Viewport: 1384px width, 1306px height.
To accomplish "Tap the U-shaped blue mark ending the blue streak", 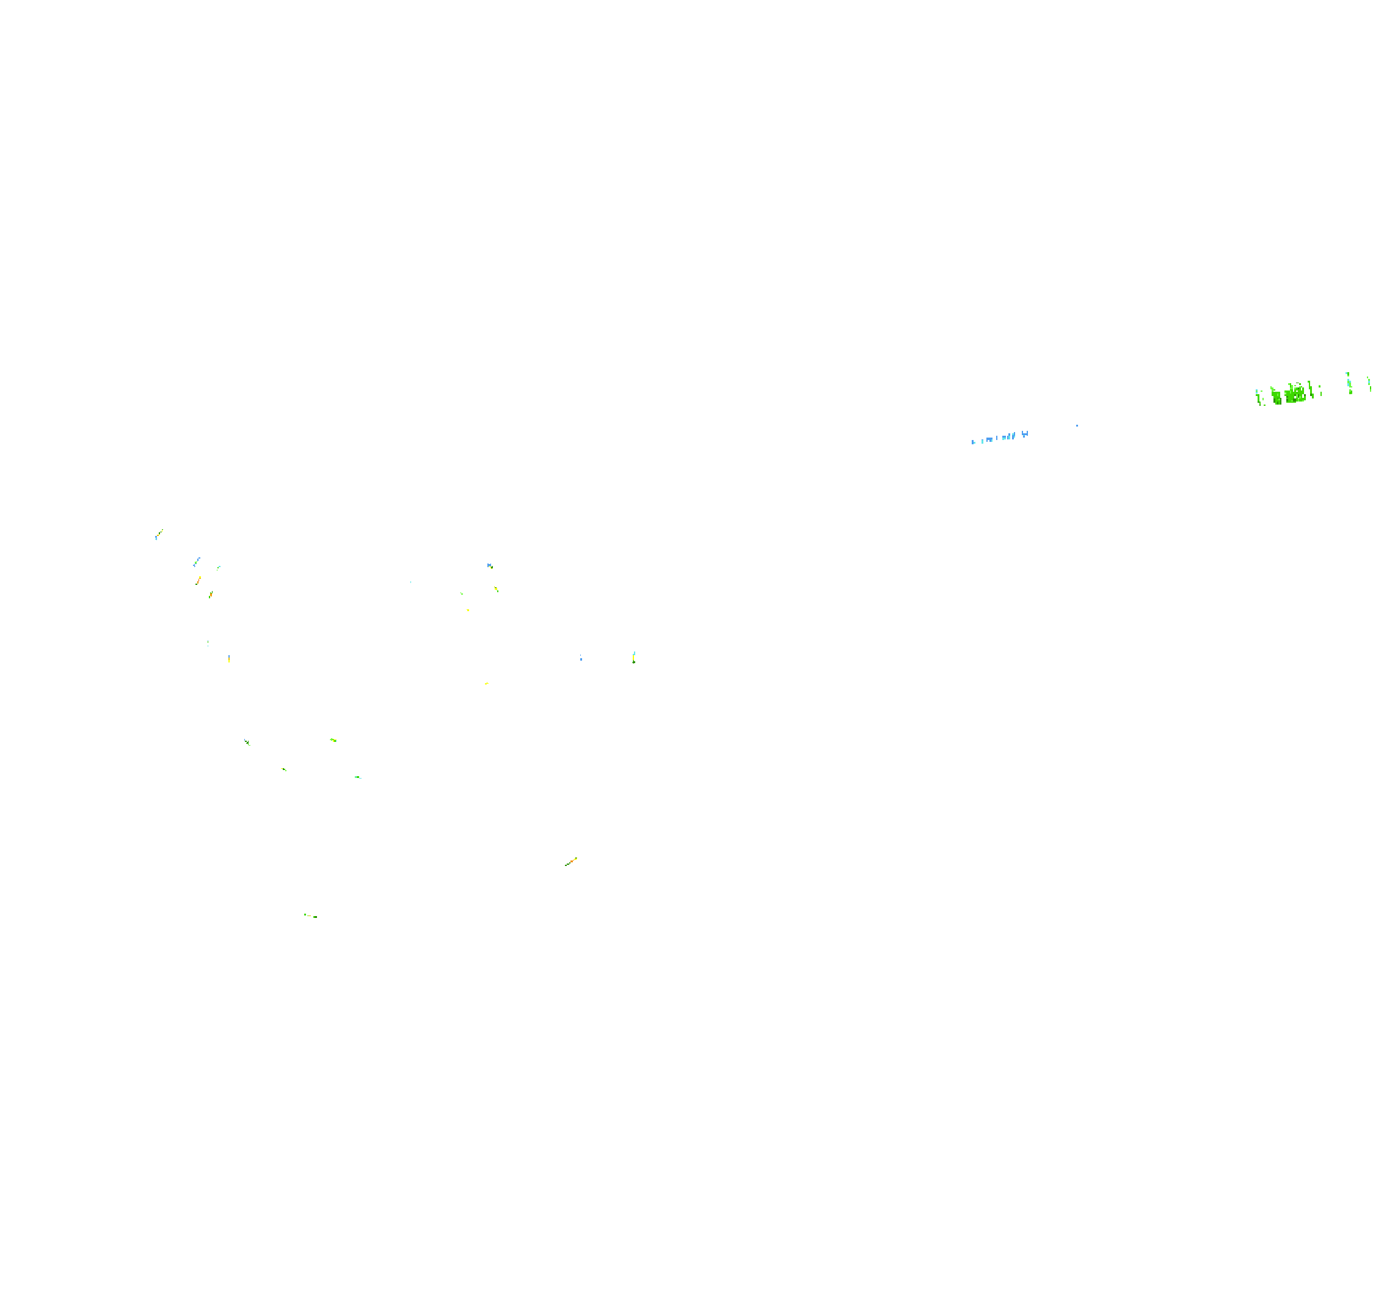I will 1025,434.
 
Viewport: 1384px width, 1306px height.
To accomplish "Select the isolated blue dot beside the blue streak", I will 1077,425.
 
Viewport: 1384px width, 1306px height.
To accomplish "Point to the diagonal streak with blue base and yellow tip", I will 159,534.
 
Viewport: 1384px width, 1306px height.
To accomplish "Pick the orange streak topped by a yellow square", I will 198,580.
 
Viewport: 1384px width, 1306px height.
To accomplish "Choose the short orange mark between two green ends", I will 211,594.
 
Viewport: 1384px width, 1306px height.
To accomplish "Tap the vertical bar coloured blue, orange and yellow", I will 633,657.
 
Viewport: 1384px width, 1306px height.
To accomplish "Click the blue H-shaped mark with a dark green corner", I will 490,565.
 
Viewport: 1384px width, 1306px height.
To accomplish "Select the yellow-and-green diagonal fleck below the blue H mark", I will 497,589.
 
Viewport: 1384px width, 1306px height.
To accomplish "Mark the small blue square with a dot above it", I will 581,658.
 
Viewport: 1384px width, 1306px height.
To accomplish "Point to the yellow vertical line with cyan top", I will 229,658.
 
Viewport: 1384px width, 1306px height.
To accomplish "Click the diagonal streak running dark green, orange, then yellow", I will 571,862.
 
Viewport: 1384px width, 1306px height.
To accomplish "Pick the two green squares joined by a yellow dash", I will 310,916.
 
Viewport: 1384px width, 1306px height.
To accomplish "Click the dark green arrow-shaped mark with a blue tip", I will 247,742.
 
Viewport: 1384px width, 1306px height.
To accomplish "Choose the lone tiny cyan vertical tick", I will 411,582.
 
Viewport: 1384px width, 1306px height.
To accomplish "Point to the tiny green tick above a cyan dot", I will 208,642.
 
